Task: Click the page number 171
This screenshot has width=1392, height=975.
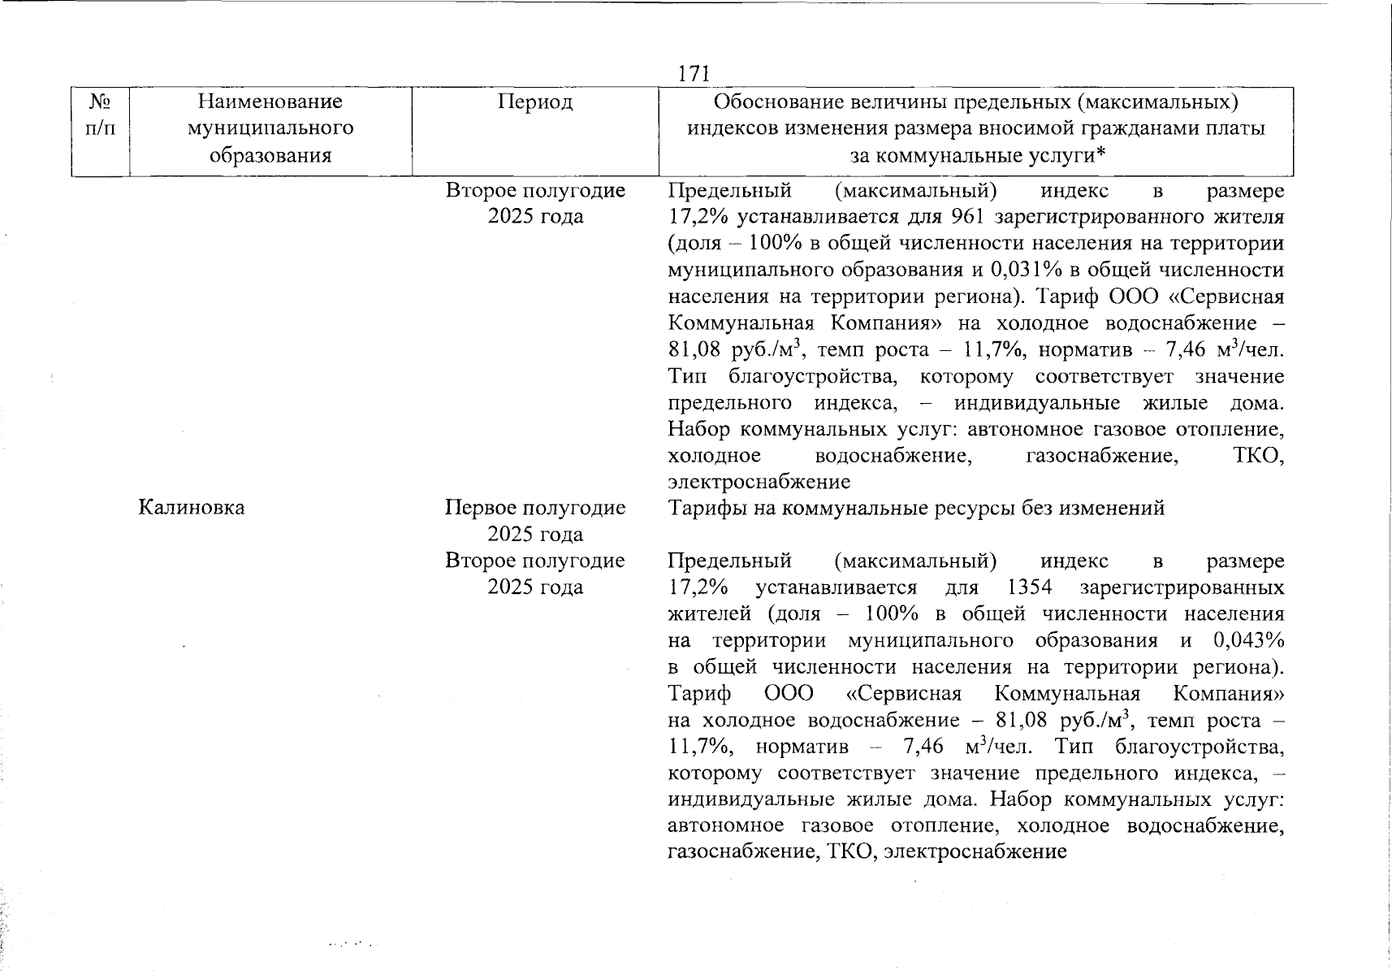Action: [x=694, y=74]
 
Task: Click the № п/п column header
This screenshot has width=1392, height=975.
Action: [x=100, y=115]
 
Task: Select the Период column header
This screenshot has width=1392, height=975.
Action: [x=535, y=102]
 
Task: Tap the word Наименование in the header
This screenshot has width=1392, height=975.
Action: [x=270, y=102]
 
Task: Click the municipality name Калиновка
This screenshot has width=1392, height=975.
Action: [x=192, y=508]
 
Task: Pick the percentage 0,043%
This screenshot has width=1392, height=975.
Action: [x=1248, y=640]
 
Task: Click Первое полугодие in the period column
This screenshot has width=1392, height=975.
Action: [x=535, y=508]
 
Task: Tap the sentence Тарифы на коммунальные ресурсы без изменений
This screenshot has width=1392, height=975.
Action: [x=916, y=508]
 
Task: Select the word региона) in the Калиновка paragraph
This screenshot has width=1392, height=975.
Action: [x=1243, y=667]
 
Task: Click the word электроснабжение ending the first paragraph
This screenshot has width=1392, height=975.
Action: [x=759, y=482]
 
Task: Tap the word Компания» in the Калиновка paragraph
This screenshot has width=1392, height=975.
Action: [x=1228, y=694]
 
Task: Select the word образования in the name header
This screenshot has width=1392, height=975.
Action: [x=270, y=154]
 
